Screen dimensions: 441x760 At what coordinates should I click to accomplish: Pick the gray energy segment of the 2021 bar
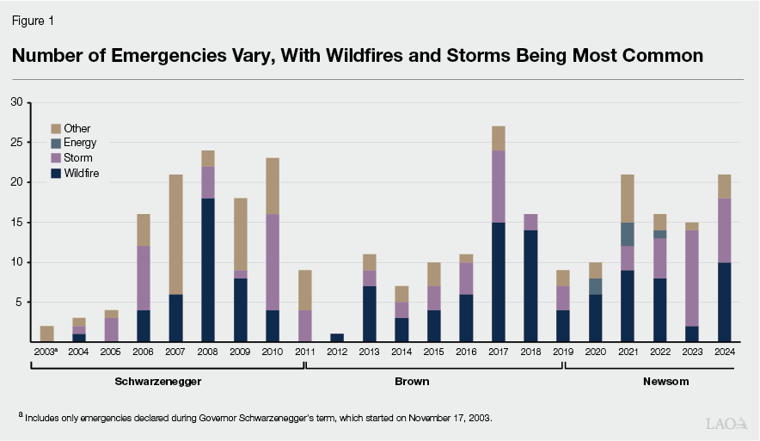click(x=628, y=234)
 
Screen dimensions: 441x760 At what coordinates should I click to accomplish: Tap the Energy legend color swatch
click(x=56, y=144)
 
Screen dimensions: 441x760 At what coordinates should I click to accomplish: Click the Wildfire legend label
click(x=82, y=173)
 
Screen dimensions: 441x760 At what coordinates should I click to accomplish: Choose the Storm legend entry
click(x=78, y=158)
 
